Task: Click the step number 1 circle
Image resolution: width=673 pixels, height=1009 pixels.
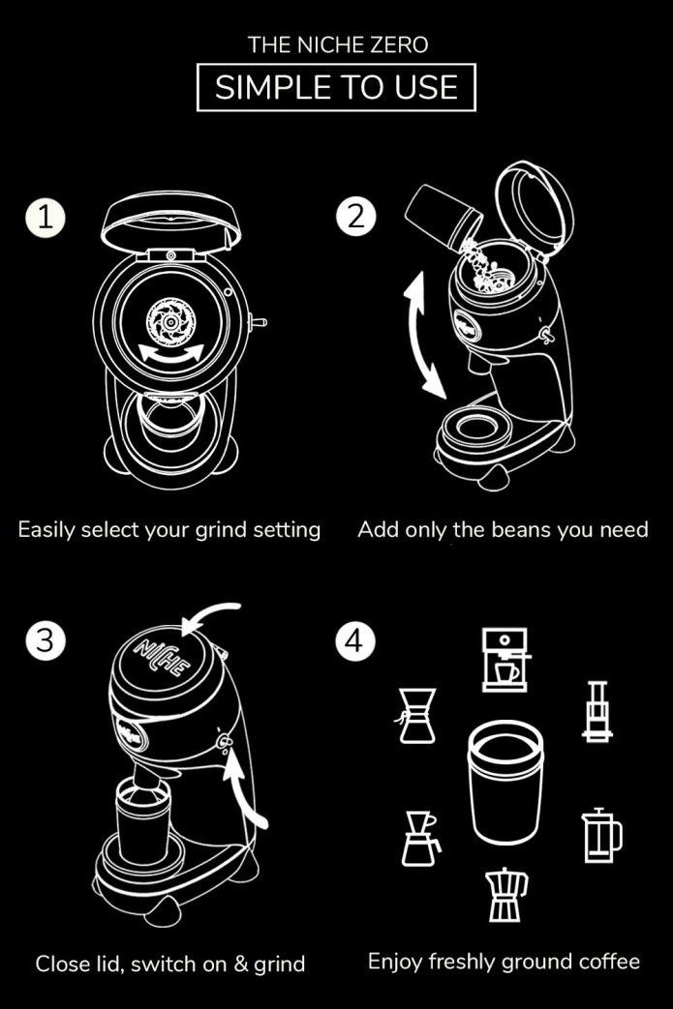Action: point(46,218)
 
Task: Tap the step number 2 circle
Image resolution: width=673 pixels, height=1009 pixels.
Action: point(355,217)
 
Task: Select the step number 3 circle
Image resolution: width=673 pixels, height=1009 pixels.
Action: point(46,640)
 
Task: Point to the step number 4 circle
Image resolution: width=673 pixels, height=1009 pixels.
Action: point(354,640)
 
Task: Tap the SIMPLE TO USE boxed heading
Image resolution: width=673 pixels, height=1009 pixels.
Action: point(336,87)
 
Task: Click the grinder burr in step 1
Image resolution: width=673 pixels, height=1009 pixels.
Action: point(170,321)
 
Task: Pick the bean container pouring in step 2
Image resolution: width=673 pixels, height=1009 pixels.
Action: point(444,218)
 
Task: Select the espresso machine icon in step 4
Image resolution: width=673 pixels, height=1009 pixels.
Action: point(505,660)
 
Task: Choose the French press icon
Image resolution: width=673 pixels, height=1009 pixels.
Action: point(601,835)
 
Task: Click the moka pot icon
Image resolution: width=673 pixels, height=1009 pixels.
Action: point(506,895)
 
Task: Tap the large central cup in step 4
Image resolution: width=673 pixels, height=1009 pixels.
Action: point(505,782)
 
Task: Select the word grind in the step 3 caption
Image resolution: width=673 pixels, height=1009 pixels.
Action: point(280,964)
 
